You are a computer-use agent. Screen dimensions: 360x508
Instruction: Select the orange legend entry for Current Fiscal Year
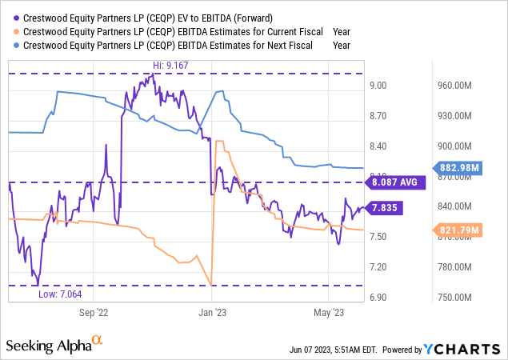pyautogui.click(x=171, y=31)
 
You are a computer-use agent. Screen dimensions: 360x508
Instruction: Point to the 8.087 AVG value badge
pyautogui.click(x=396, y=182)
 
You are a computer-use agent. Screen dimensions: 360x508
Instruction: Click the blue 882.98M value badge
pyautogui.click(x=462, y=168)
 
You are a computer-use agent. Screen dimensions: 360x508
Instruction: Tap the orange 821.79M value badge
pyautogui.click(x=462, y=230)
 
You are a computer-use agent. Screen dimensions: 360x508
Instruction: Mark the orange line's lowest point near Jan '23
pyautogui.click(x=210, y=285)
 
